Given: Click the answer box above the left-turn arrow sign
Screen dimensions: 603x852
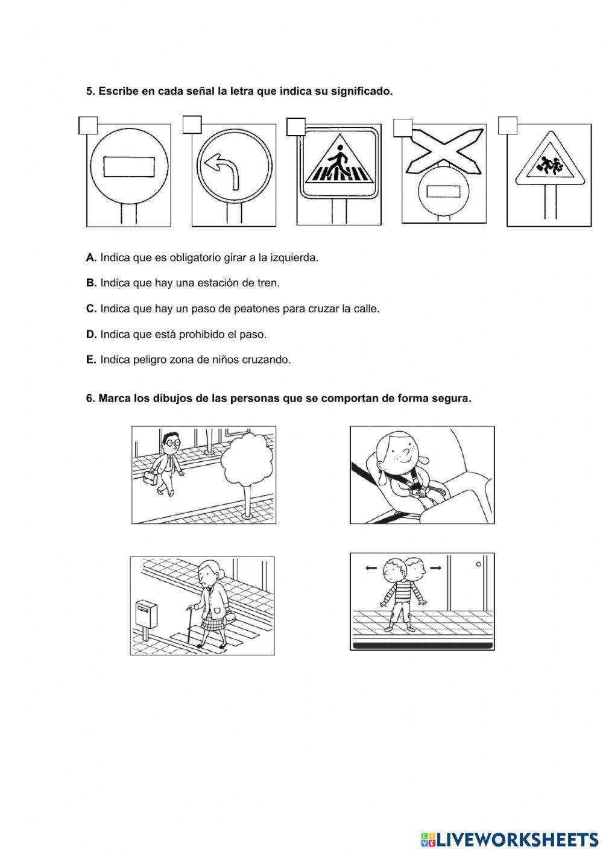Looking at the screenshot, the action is tap(192, 125).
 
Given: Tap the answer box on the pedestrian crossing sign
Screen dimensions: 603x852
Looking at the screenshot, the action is tap(295, 127).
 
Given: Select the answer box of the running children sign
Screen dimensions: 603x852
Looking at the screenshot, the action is tap(508, 125).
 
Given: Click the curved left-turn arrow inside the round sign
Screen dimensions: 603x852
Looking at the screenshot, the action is tap(222, 171).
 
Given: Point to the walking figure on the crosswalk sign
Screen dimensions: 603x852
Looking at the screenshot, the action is tap(337, 161).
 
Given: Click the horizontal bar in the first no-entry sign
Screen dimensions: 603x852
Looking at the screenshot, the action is tap(129, 166).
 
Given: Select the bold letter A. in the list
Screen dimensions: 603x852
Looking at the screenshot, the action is tap(91, 258).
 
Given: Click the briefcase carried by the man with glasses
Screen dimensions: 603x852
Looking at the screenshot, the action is tap(150, 478).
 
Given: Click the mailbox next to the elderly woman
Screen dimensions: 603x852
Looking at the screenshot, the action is tap(146, 618).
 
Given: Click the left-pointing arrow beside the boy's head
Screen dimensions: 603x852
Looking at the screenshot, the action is tap(371, 568).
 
